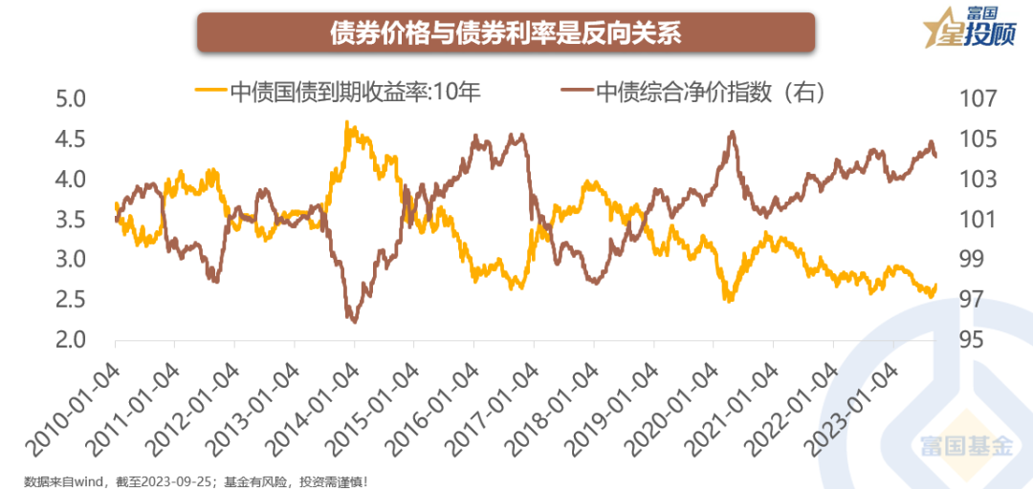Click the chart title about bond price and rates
(506, 33)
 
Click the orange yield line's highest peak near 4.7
(346, 122)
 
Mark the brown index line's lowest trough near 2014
(354, 322)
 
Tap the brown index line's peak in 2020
(732, 133)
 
